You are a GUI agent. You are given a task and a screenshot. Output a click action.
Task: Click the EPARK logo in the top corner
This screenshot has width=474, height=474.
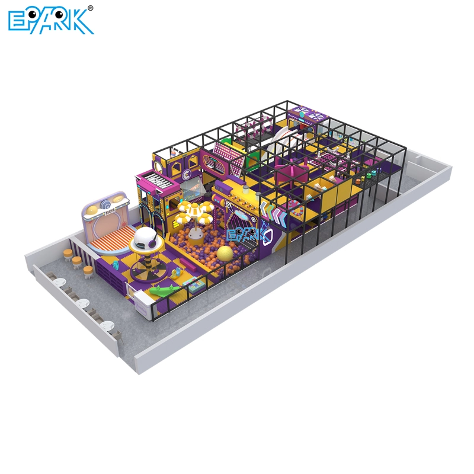click(x=50, y=20)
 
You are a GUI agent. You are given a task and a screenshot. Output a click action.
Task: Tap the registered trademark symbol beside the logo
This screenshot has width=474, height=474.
click(x=90, y=8)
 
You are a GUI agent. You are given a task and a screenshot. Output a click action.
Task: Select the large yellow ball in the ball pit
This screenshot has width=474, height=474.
click(x=225, y=254)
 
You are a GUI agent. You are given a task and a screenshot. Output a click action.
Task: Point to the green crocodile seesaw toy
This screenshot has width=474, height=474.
click(x=162, y=291)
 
